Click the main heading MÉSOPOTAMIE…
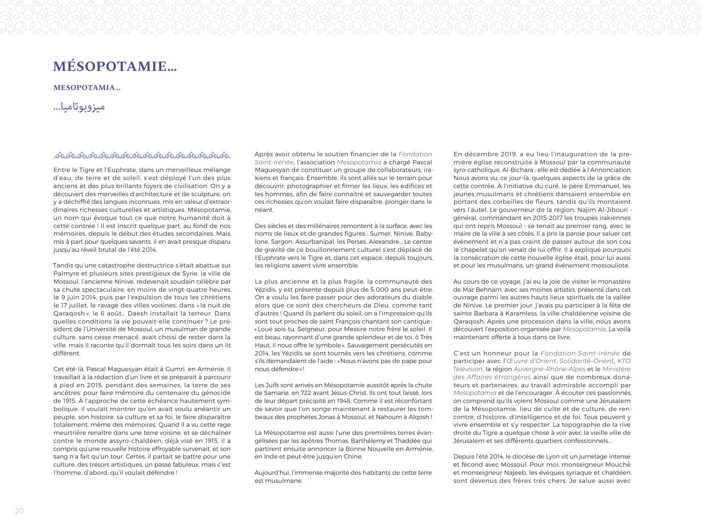(x=115, y=67)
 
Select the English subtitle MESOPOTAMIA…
(x=87, y=88)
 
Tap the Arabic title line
(x=79, y=107)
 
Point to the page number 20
(x=20, y=511)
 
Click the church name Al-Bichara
(x=515, y=170)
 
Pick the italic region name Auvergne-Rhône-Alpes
(x=550, y=369)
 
